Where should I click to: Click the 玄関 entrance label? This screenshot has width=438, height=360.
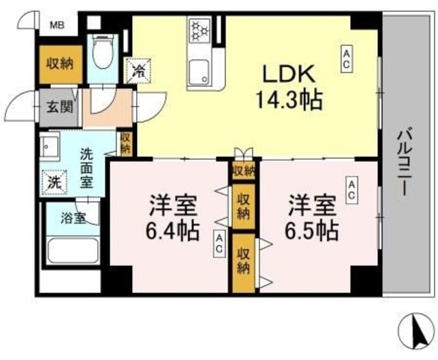click(x=56, y=107)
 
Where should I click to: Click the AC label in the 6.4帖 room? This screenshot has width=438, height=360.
click(x=219, y=242)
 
